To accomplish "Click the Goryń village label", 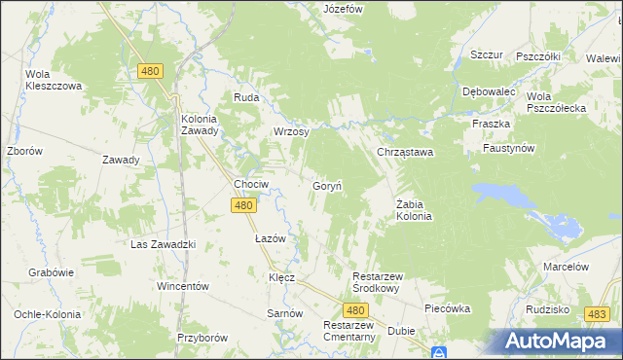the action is tap(325, 185).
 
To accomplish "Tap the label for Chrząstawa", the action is tap(405, 153).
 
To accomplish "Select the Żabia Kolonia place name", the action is tap(414, 209).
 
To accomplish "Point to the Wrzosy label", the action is tap(291, 131).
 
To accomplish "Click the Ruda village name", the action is tap(245, 97).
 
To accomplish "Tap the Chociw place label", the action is tap(251, 183).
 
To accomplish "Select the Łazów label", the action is tap(270, 238).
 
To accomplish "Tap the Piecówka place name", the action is tap(448, 308).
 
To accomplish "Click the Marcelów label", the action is tap(567, 267).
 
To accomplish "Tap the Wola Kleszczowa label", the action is tap(54, 80).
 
